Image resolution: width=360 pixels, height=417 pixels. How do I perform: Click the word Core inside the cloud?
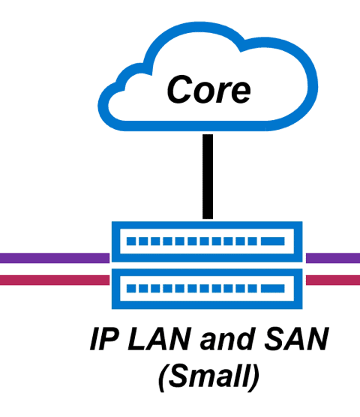(x=208, y=89)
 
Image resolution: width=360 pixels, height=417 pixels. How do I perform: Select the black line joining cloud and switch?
(x=208, y=176)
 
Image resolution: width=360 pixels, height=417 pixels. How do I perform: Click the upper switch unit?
(x=207, y=241)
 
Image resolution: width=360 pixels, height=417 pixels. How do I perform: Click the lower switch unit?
(x=207, y=289)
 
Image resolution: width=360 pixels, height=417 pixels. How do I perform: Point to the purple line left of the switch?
(x=55, y=258)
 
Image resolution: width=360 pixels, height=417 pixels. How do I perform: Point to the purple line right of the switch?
(x=333, y=258)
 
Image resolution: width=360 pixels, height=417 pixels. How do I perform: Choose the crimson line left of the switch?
(x=55, y=280)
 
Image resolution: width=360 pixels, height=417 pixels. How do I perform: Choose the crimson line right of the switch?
(x=333, y=280)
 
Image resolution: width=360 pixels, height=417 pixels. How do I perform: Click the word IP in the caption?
(x=104, y=339)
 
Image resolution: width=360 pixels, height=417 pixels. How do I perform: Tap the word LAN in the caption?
(x=159, y=339)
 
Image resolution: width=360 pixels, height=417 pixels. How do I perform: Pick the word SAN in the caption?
(x=296, y=339)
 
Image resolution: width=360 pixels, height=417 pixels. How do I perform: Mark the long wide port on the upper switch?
(x=273, y=241)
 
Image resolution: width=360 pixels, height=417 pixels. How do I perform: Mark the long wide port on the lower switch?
(x=273, y=289)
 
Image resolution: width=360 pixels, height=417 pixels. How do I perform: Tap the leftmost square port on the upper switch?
(x=131, y=241)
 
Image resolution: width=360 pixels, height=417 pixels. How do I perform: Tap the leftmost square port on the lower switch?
(x=131, y=289)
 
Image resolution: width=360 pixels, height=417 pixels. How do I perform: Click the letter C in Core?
(x=179, y=89)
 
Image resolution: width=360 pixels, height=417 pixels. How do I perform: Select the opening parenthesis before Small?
(x=163, y=377)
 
